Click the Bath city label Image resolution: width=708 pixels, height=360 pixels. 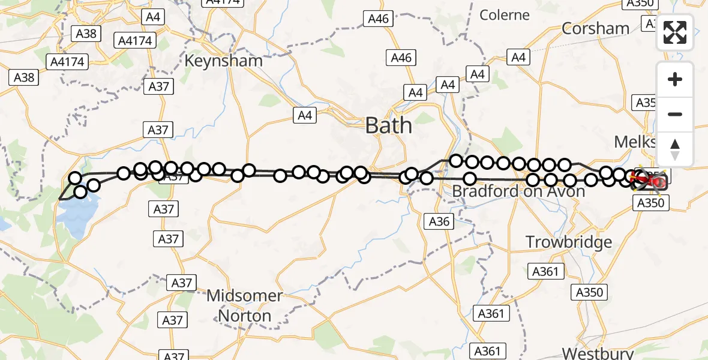tap(389, 126)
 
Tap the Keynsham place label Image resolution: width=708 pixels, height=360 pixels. tap(223, 61)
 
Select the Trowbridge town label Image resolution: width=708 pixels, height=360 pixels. tap(569, 242)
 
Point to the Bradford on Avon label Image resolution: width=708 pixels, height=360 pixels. tap(518, 191)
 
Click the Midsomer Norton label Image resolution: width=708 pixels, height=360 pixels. tap(245, 305)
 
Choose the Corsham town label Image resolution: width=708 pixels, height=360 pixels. tap(595, 29)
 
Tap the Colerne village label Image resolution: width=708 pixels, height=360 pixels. tap(505, 15)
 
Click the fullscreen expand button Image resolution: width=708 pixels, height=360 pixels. tap(675, 33)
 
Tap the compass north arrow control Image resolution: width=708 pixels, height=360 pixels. tap(675, 149)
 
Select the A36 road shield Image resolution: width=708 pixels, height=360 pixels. tap(439, 221)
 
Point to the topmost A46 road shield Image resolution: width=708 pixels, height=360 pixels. tap(378, 19)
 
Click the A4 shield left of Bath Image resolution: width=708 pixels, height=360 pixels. tap(305, 115)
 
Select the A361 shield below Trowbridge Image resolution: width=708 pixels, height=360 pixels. tap(545, 271)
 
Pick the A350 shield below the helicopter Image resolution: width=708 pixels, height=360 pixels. tap(650, 203)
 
